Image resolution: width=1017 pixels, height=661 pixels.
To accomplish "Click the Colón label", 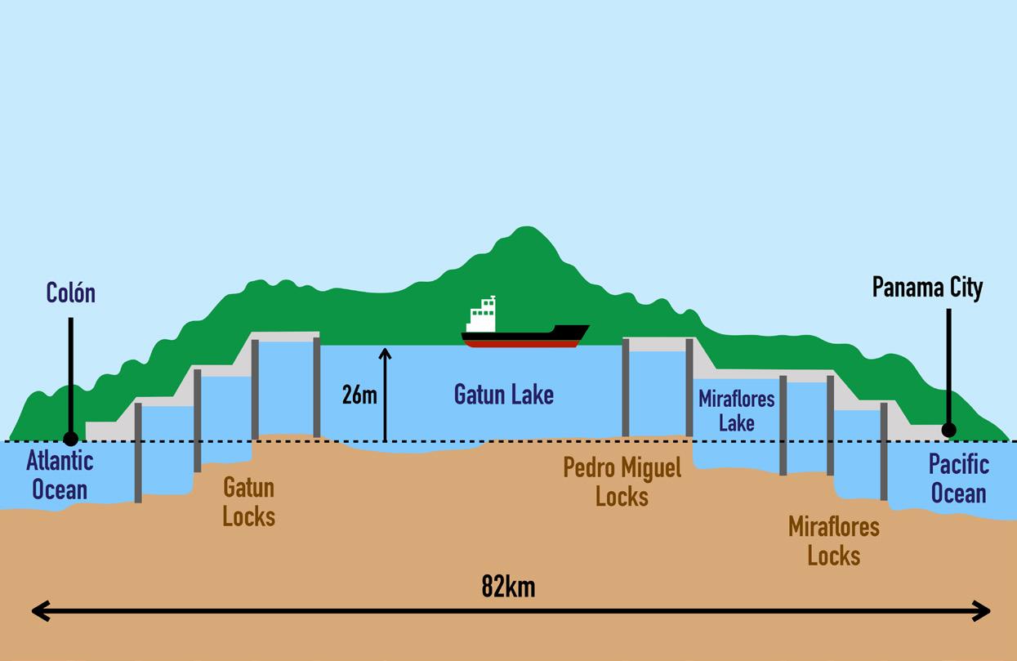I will click(70, 293).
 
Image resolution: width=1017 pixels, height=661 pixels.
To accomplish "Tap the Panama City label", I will click(927, 288).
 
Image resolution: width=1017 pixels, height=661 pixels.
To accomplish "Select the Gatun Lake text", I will click(503, 395).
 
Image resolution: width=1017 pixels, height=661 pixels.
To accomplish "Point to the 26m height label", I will click(359, 395).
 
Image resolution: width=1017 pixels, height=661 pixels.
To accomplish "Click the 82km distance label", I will click(508, 587).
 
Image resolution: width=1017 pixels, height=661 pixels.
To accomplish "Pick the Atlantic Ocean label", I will click(60, 475).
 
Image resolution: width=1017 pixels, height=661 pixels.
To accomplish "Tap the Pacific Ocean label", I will click(958, 479).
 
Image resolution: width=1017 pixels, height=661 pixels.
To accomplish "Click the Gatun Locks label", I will click(248, 502).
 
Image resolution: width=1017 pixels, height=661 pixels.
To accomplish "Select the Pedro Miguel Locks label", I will click(622, 481).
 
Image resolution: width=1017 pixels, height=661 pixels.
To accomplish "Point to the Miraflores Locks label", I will click(833, 541).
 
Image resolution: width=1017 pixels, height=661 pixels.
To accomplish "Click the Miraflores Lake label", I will click(736, 411).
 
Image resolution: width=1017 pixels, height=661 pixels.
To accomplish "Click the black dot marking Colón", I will click(71, 439).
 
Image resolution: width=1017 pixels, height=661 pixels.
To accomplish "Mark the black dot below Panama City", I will click(948, 430).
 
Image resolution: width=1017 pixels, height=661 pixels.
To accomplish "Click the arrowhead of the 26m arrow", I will click(385, 354).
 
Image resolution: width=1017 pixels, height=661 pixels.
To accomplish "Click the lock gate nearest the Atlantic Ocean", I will click(138, 453).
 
